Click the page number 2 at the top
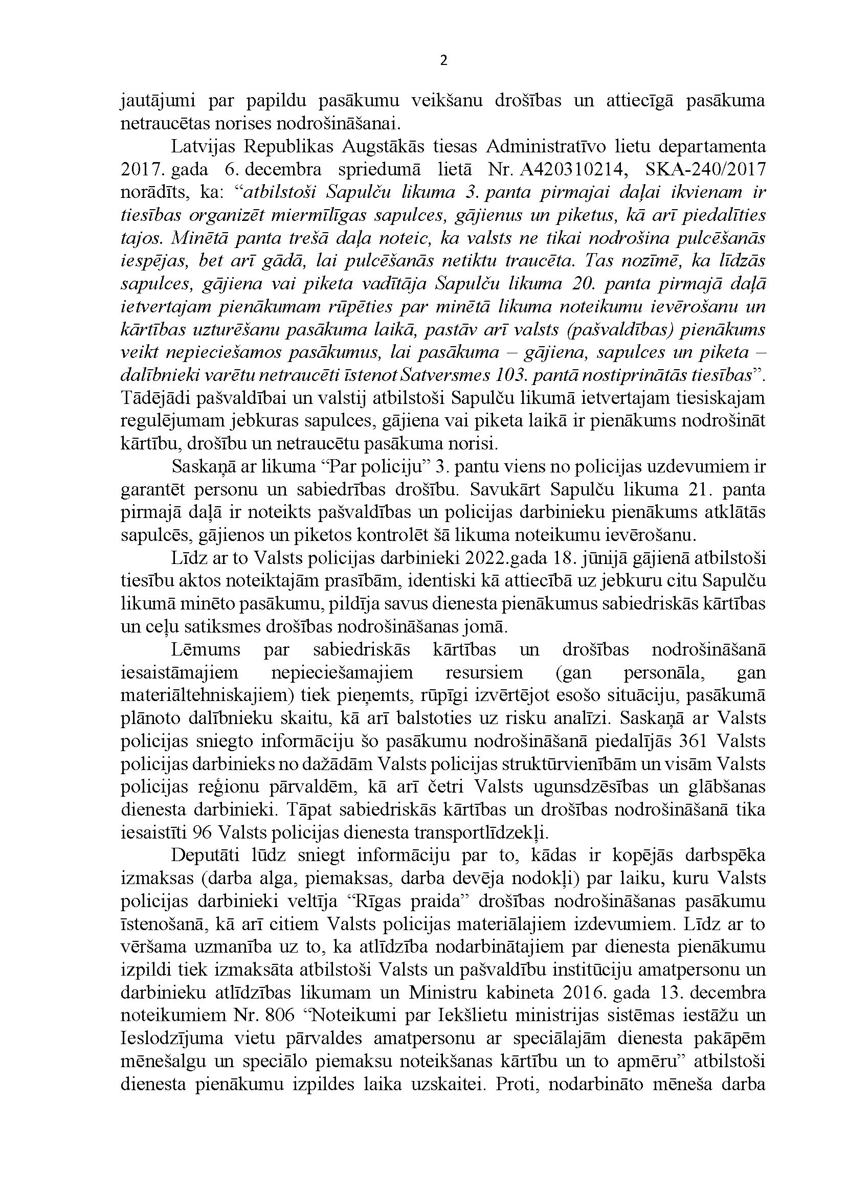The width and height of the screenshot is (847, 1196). (x=444, y=61)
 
